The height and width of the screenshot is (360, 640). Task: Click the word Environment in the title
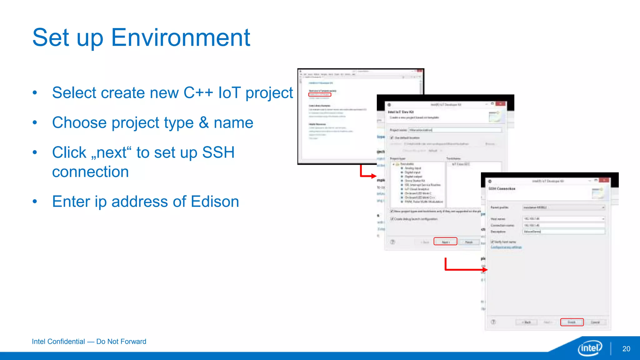click(x=180, y=37)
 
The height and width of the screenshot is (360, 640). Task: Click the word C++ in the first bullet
click(x=198, y=93)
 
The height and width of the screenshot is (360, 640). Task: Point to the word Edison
click(x=215, y=202)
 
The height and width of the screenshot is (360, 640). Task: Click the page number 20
click(x=626, y=349)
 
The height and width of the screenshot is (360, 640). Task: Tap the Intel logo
click(x=590, y=348)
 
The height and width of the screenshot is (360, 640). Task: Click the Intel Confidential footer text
click(x=89, y=342)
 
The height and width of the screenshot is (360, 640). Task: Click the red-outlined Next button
click(x=445, y=242)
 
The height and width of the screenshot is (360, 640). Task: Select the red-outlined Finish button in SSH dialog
click(x=572, y=322)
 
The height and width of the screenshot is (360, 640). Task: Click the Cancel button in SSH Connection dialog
click(x=595, y=322)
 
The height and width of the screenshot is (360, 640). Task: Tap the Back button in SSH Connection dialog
click(x=527, y=322)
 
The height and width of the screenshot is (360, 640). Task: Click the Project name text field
click(x=455, y=130)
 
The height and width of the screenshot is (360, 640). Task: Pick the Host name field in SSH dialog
click(x=562, y=219)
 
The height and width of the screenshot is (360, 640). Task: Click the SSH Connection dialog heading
click(x=502, y=189)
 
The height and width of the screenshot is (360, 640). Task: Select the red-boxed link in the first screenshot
click(x=319, y=94)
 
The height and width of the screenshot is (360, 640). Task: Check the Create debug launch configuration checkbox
click(x=392, y=219)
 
